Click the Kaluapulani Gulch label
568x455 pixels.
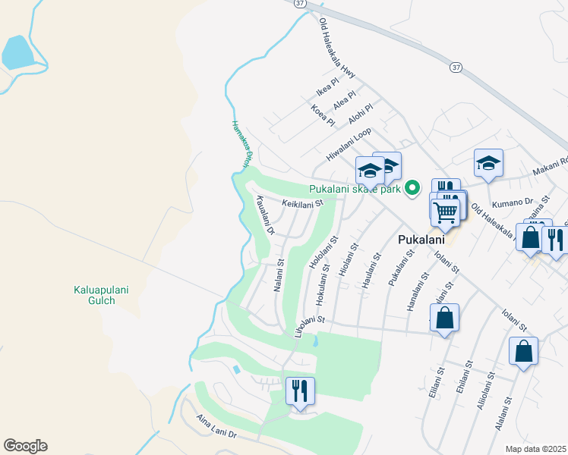[x=94, y=295]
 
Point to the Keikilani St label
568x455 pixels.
[x=302, y=203]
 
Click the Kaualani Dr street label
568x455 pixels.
[x=265, y=214]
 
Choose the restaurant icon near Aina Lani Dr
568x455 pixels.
[x=300, y=391]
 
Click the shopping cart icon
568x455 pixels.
[x=445, y=212]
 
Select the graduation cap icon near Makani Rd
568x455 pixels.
[x=489, y=163]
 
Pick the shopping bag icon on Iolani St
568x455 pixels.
[x=445, y=318]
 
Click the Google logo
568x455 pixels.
[x=25, y=446]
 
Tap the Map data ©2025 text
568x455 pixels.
[x=535, y=449]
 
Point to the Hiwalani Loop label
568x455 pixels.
[x=349, y=144]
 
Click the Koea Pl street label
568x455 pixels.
[x=323, y=116]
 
